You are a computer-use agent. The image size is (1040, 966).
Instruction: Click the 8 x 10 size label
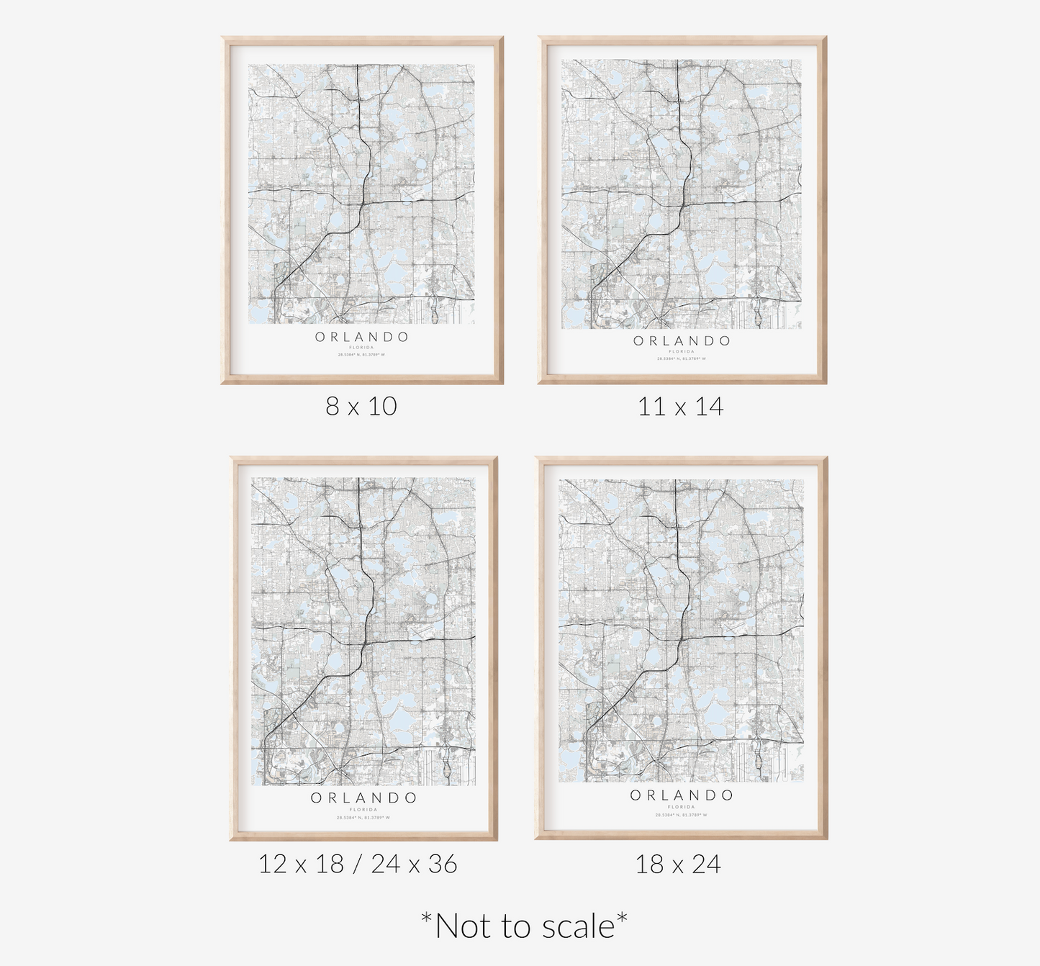point(361,407)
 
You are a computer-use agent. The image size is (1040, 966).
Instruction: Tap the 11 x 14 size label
point(680,407)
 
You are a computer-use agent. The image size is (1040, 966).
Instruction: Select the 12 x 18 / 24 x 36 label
point(358,864)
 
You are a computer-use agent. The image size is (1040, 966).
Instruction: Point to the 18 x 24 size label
point(678,865)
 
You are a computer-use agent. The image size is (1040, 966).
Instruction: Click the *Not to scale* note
point(523,926)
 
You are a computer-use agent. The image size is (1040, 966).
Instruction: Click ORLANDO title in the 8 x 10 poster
point(362,337)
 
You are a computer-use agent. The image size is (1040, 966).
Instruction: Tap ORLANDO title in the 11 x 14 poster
point(682,341)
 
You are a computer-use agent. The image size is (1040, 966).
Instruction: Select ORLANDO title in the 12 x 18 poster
point(363,798)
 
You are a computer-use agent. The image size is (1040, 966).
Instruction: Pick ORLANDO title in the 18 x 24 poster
point(682,795)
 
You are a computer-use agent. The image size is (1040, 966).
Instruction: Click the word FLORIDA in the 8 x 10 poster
point(361,348)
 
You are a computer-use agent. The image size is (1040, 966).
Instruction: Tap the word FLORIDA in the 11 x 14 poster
point(681,352)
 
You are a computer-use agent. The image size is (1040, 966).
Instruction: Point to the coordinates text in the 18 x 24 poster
point(681,815)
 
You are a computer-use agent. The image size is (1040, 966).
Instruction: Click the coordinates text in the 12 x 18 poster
point(363,818)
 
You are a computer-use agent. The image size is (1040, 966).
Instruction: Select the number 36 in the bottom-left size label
point(442,864)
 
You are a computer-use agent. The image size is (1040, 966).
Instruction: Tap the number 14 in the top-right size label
point(709,407)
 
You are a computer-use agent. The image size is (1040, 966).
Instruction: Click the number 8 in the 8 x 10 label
point(332,407)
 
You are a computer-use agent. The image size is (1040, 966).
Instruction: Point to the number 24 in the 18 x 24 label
point(706,865)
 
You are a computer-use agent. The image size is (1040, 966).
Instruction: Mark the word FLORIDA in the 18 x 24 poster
point(681,807)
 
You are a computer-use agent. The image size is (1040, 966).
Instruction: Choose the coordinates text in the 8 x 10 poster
point(361,355)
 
